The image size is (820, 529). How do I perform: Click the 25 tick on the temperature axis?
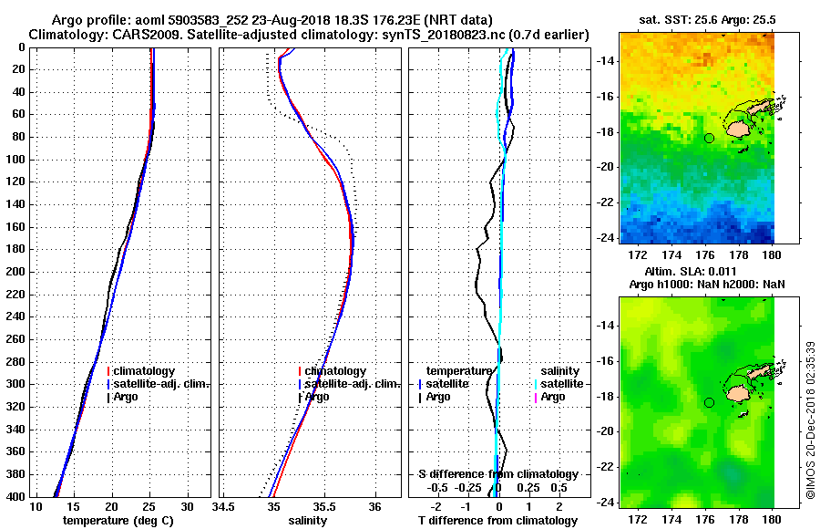(x=149, y=506)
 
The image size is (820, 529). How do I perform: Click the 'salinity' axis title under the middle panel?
(x=308, y=520)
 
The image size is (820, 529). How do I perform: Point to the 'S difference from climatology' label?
(x=497, y=474)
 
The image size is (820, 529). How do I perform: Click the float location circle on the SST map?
(x=709, y=138)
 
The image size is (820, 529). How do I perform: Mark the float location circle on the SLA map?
(x=709, y=402)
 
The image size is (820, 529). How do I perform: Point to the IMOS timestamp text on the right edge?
(x=810, y=420)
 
